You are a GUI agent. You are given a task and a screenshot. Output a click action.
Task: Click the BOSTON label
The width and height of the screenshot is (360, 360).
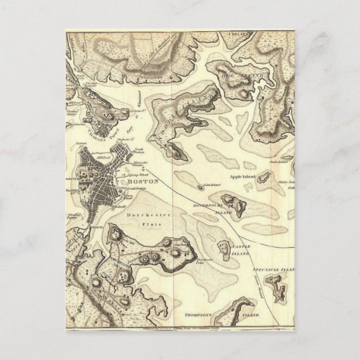click(x=143, y=182)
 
